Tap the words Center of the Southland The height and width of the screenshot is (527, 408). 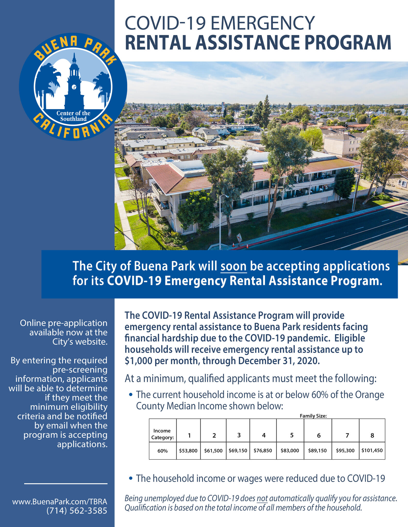click(x=73, y=116)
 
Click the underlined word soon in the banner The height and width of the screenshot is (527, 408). click(x=234, y=266)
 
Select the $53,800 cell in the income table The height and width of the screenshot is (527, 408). click(x=188, y=451)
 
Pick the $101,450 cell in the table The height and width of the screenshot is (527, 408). click(x=372, y=450)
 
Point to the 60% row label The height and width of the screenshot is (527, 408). click(x=163, y=451)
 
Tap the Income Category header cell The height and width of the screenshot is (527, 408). click(x=162, y=434)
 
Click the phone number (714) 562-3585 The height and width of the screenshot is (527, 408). click(x=77, y=511)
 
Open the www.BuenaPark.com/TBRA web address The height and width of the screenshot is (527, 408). click(x=60, y=502)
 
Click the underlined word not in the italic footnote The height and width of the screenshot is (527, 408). click(x=262, y=498)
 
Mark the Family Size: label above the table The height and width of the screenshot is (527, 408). click(x=313, y=416)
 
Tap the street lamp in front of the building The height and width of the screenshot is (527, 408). click(x=220, y=221)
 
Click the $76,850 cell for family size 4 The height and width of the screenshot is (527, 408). click(x=263, y=451)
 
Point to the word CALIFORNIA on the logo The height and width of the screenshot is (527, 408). click(x=73, y=127)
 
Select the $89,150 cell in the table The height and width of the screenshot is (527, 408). click(x=317, y=451)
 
